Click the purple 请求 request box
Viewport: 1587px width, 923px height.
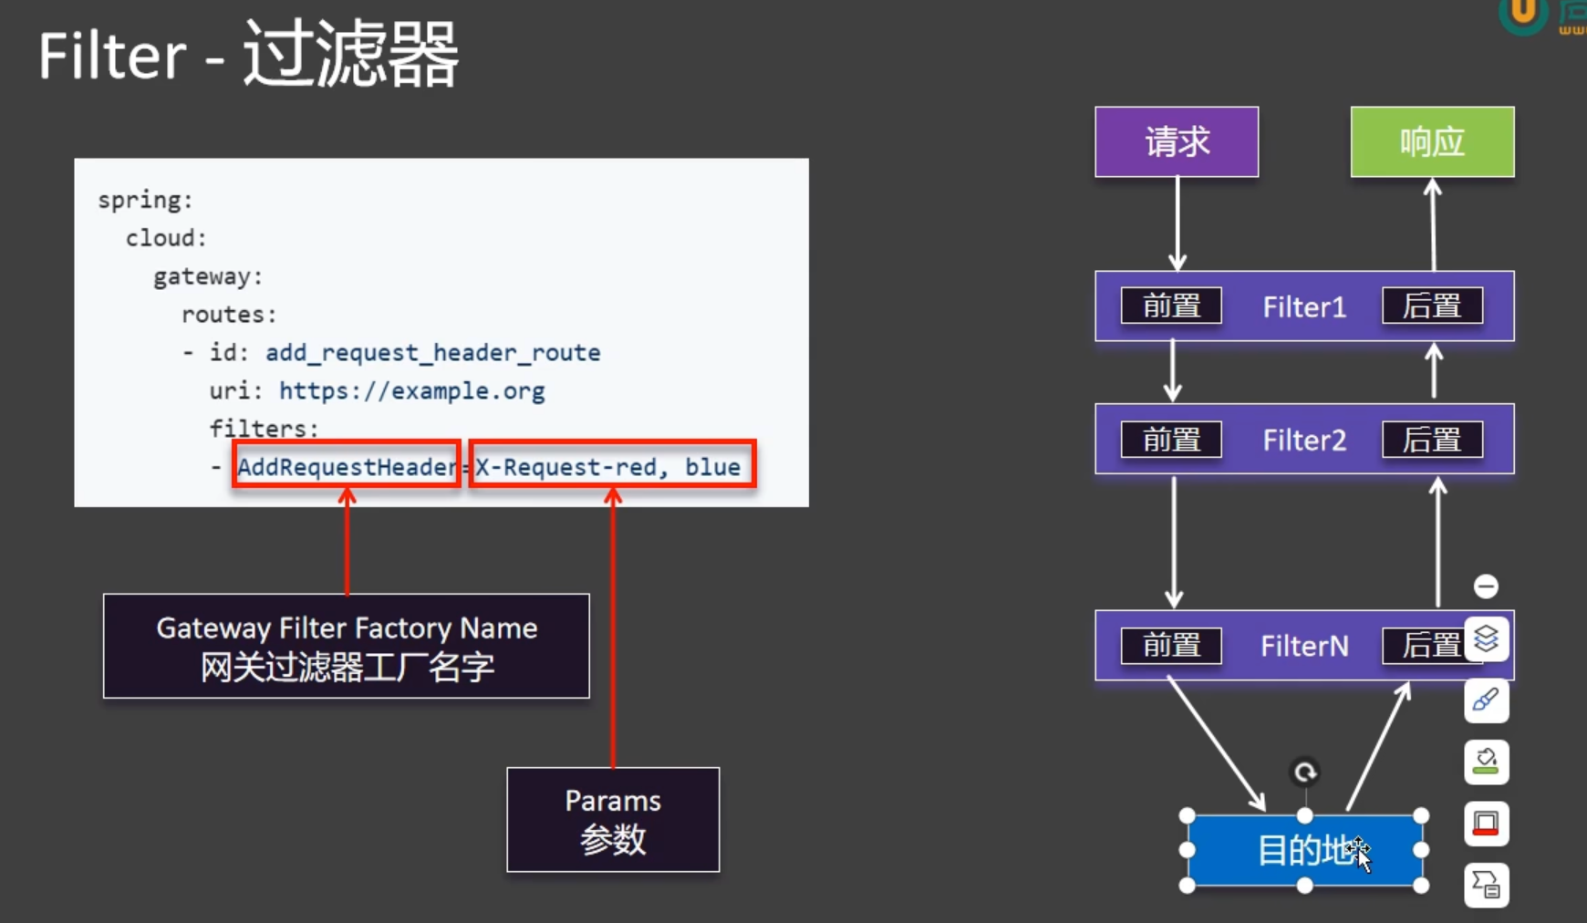[1177, 142]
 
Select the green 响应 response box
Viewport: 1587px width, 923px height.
[1432, 142]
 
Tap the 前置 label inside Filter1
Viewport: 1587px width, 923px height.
[1171, 306]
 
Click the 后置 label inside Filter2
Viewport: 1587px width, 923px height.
[1432, 440]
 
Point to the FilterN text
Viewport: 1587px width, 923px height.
[1304, 646]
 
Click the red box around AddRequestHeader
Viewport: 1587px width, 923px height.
[347, 465]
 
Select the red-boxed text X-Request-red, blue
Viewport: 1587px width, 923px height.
[611, 466]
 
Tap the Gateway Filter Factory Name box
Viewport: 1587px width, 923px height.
[347, 646]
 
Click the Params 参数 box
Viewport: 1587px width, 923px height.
[613, 819]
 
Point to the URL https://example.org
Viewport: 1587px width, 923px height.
[411, 391]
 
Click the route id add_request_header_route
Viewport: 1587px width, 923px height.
[432, 353]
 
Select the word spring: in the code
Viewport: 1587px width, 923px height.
[145, 200]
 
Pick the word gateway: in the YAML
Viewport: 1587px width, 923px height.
[208, 276]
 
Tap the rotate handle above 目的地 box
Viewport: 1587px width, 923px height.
[1305, 773]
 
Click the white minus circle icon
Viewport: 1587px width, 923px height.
[1486, 586]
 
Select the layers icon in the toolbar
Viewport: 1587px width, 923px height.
[1486, 638]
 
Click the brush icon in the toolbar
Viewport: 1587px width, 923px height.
[1486, 700]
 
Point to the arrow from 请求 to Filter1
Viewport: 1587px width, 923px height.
[1177, 223]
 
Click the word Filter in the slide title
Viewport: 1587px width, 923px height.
[112, 57]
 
